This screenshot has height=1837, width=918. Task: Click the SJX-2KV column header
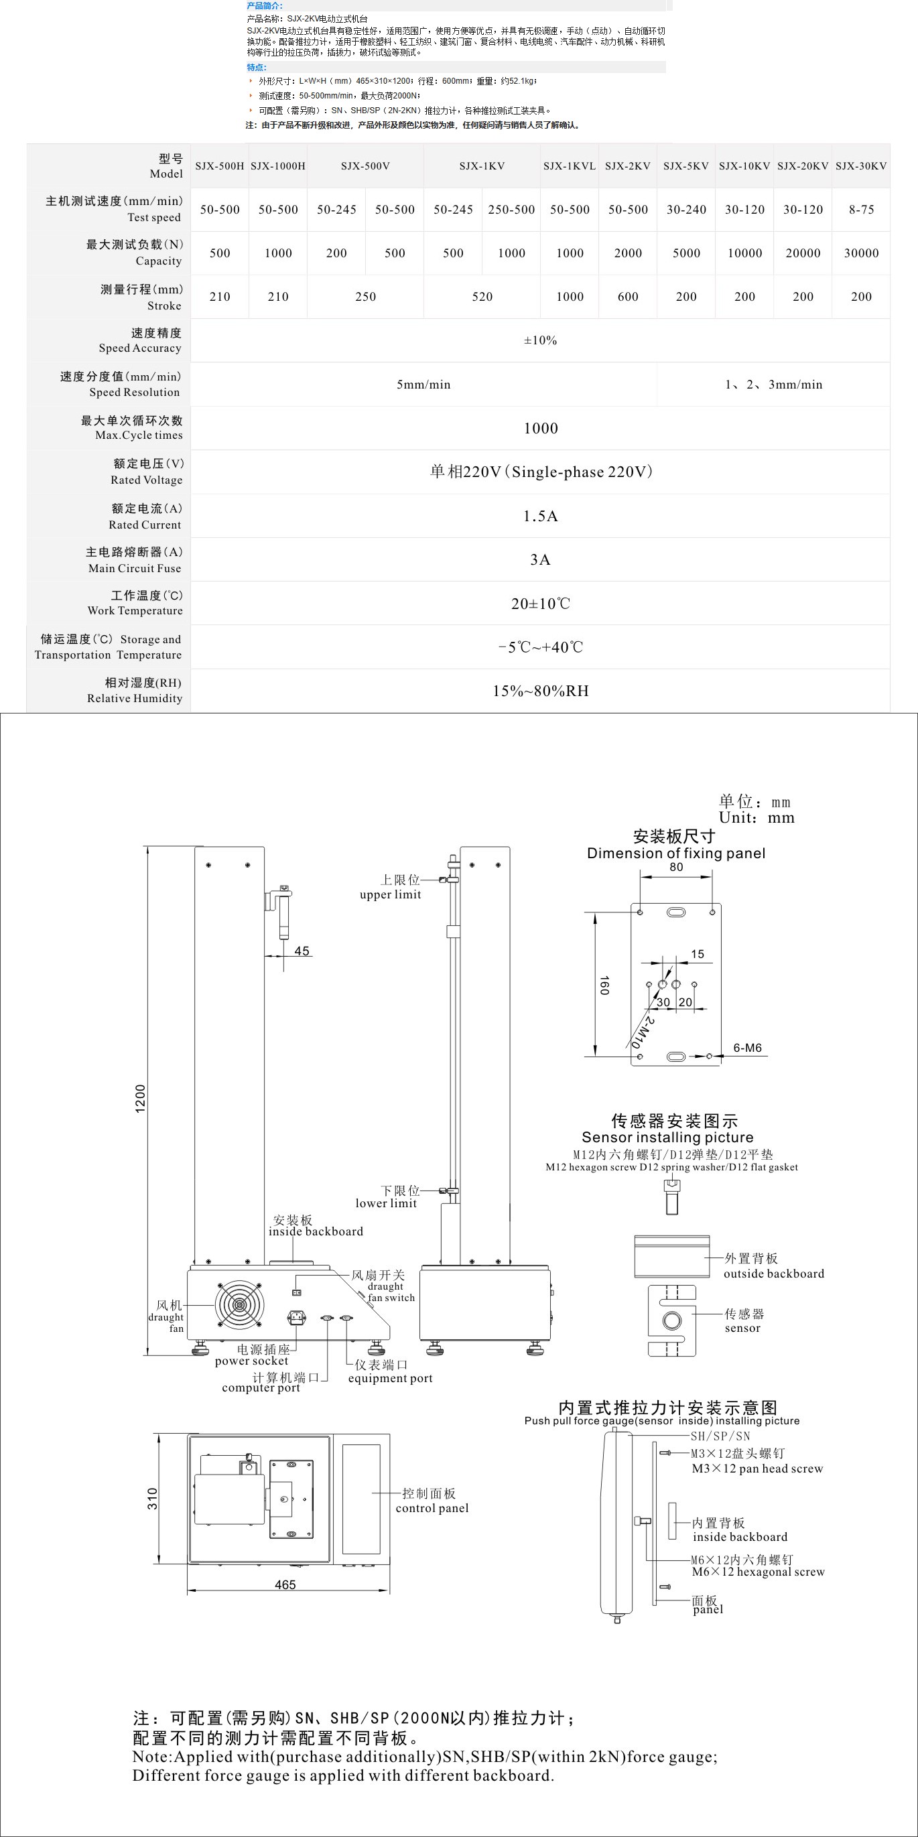tap(628, 166)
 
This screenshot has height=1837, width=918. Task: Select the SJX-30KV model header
tap(861, 166)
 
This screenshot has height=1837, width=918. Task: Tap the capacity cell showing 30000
tap(861, 253)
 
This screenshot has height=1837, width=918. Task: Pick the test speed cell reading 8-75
tap(861, 210)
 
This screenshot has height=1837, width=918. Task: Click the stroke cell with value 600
tap(628, 297)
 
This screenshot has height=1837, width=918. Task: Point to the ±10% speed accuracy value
tap(540, 341)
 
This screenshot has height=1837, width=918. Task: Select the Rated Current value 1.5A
tap(540, 517)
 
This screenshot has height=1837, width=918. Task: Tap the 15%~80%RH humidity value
tap(540, 691)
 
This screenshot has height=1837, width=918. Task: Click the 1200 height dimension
tap(141, 1098)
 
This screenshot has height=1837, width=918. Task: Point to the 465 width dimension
tap(285, 1584)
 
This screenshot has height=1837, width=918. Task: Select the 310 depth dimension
tap(152, 1498)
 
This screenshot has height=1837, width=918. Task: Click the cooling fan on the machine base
tap(240, 1305)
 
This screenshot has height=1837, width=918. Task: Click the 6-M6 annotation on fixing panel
tap(747, 1048)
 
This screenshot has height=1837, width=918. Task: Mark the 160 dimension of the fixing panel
tap(604, 985)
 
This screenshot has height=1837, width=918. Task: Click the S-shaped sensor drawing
tap(671, 1320)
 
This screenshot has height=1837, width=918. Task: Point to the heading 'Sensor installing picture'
tap(667, 1137)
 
